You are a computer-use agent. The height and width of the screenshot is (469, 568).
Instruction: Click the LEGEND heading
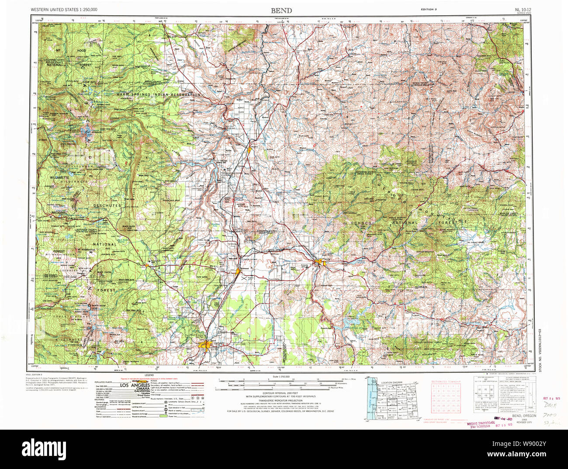pyautogui.click(x=150, y=375)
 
